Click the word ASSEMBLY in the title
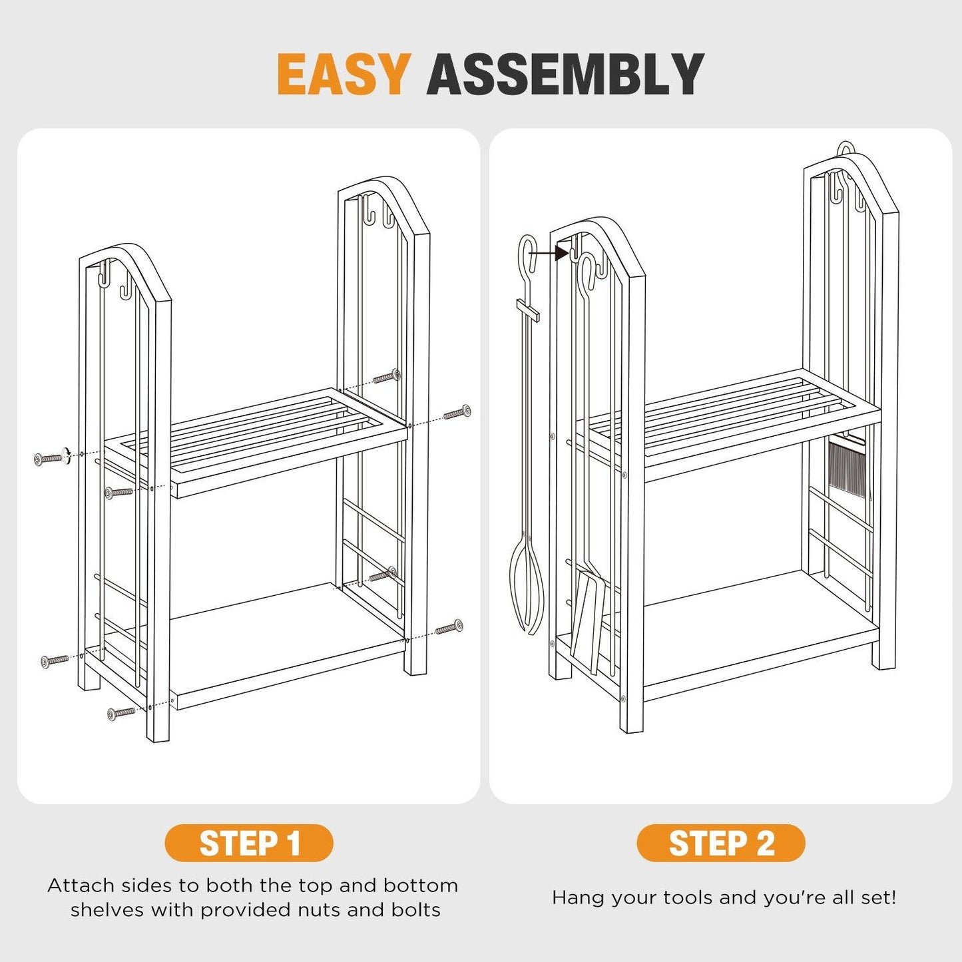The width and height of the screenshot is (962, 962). pos(565,74)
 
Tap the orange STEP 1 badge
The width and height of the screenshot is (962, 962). pos(249,843)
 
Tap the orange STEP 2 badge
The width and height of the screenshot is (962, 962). pos(721,843)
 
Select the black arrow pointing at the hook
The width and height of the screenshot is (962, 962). pos(548,254)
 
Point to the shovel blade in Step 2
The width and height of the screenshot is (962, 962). pos(589,620)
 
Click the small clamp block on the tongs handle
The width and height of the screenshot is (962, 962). pos(528,310)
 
